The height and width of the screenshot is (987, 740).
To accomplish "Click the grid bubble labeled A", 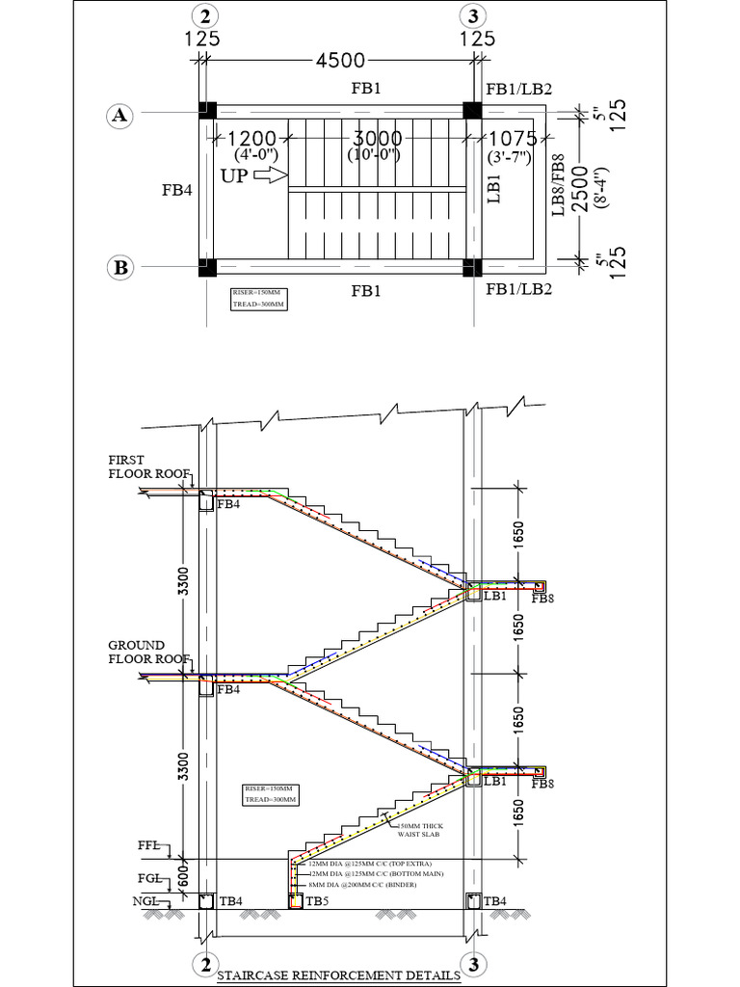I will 119,116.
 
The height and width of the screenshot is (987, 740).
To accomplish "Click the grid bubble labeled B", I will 120,268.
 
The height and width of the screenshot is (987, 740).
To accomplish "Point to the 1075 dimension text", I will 520,139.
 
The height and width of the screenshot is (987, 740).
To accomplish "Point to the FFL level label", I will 149,845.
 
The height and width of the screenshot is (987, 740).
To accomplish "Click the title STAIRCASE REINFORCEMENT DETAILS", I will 338,976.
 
